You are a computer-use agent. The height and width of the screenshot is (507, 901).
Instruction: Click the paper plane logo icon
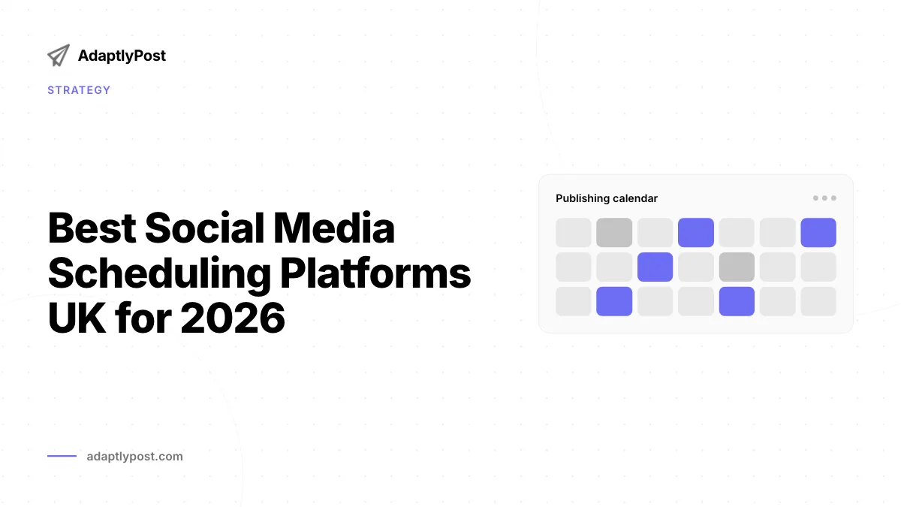[x=59, y=56]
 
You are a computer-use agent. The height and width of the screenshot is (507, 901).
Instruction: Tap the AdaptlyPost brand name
[x=122, y=56]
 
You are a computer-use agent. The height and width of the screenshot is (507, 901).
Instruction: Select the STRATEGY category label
[x=79, y=90]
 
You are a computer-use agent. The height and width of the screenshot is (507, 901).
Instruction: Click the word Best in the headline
[x=92, y=228]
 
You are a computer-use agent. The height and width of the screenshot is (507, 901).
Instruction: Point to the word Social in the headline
[x=205, y=228]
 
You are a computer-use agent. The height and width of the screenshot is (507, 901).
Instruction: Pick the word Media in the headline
[x=334, y=228]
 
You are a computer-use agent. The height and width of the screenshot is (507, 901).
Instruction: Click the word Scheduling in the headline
[x=159, y=274]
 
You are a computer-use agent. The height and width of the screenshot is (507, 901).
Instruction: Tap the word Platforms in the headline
[x=375, y=273]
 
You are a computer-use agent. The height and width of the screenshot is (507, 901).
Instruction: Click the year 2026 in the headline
[x=233, y=318]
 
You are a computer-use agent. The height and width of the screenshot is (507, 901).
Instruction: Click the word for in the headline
[x=143, y=318]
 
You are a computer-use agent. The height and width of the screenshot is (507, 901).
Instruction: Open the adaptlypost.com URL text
[x=134, y=457]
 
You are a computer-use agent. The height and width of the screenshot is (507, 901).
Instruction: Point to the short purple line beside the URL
[x=62, y=456]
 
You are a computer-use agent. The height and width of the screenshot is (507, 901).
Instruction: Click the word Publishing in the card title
[x=582, y=198]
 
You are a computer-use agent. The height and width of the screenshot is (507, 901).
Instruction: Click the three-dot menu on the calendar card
[x=824, y=198]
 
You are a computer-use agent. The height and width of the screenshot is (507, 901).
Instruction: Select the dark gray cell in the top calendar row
[x=614, y=233]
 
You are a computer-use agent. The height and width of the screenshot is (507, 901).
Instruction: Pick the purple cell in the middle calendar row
[x=655, y=267]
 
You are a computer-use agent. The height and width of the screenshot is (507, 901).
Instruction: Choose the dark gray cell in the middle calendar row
[x=737, y=267]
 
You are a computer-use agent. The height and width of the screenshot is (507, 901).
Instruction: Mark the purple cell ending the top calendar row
[x=818, y=233]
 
